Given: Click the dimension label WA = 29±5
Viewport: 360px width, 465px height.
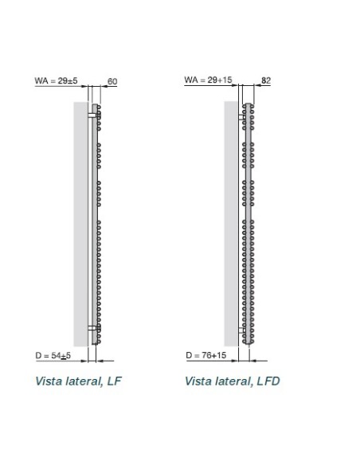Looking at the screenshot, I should click(x=56, y=80).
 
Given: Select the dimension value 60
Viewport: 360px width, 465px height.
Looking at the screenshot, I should click(x=112, y=81).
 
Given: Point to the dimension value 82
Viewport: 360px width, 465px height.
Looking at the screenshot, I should click(x=267, y=81).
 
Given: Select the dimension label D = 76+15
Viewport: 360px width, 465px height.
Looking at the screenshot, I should click(x=206, y=354).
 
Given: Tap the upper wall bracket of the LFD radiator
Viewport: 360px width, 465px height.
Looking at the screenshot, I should click(x=243, y=115).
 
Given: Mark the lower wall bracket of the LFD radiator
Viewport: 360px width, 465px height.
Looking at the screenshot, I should click(x=243, y=328).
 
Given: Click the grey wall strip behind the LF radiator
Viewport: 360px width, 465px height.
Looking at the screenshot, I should click(x=81, y=223).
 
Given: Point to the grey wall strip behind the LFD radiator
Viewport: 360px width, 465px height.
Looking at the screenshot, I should click(x=231, y=223).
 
